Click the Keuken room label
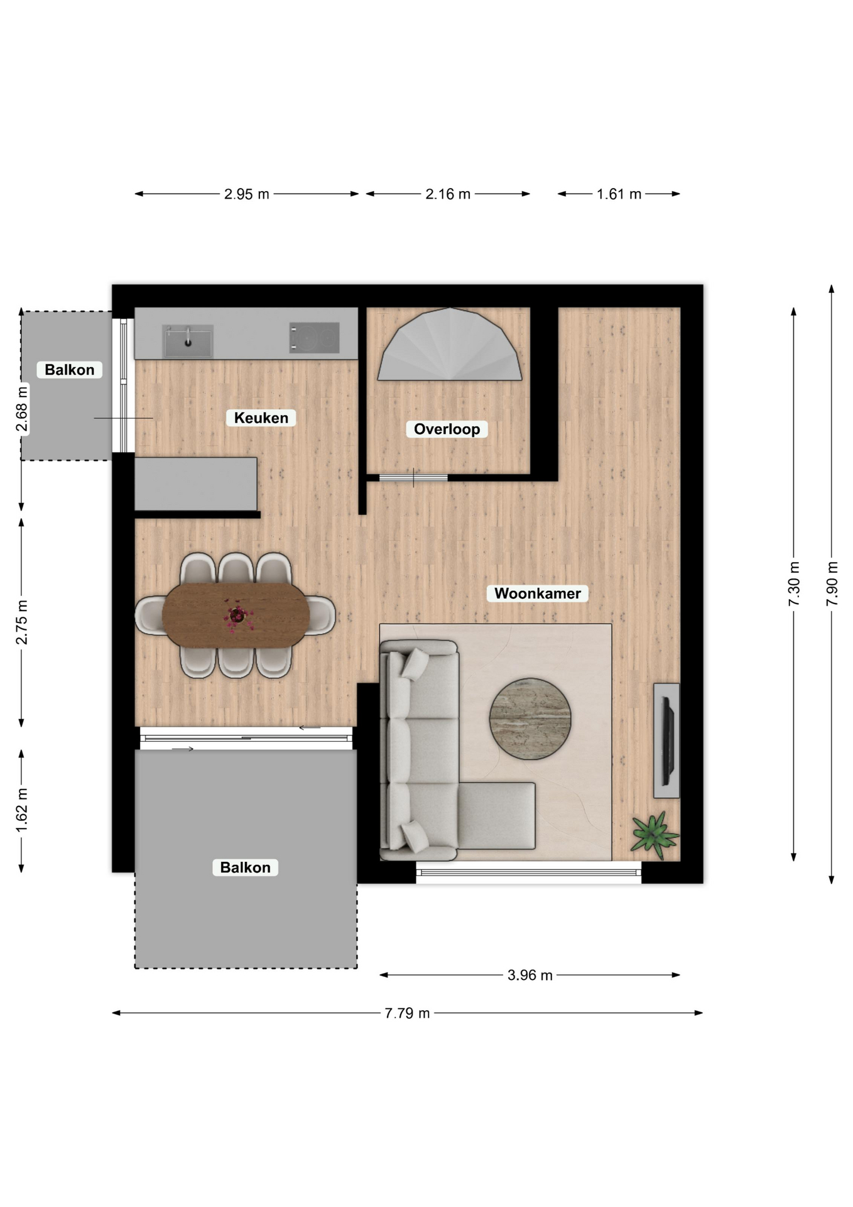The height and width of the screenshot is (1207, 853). [x=261, y=418]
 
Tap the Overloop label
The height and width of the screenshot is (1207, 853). [x=447, y=429]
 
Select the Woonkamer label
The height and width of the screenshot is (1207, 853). [x=538, y=593]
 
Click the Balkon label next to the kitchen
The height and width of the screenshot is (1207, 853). [x=69, y=370]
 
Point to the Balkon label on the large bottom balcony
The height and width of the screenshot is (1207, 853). [x=245, y=868]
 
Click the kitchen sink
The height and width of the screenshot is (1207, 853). [x=188, y=341]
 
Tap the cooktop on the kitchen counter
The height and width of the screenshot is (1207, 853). [x=314, y=338]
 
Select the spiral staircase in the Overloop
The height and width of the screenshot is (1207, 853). [x=450, y=344]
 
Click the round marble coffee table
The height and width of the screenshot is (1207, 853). [x=530, y=719]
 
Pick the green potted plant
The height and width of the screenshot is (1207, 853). [x=655, y=835]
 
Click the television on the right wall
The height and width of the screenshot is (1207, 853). [x=667, y=741]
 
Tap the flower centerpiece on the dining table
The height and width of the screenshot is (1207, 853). [x=237, y=616]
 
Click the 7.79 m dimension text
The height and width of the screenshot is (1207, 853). [x=407, y=1013]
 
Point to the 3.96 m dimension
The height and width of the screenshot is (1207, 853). [x=530, y=975]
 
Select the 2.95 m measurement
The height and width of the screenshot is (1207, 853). [x=247, y=194]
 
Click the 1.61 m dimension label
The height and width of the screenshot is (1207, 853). [x=619, y=194]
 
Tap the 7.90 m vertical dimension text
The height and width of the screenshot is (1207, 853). [x=832, y=584]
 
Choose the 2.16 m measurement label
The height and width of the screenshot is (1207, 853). [x=448, y=194]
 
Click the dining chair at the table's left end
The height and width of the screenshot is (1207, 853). [x=149, y=615]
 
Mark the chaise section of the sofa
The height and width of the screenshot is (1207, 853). [x=496, y=815]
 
